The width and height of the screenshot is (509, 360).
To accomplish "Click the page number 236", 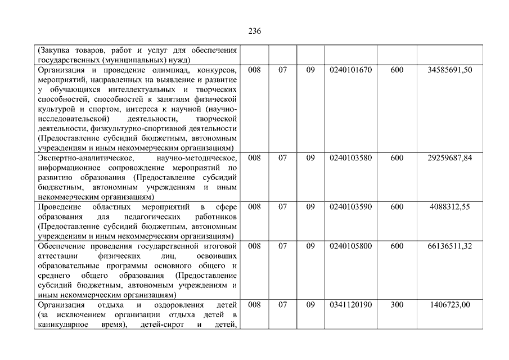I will coord(254,31).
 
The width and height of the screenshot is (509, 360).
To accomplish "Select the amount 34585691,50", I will coord(449,70).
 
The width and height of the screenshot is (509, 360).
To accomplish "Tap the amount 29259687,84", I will coord(449,157).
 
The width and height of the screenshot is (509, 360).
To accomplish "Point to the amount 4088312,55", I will coord(449,206).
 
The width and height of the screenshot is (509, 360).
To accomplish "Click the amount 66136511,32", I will coord(449,246).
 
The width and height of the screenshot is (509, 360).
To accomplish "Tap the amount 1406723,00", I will coord(449,304).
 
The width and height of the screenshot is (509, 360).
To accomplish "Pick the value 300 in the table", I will coord(397,304).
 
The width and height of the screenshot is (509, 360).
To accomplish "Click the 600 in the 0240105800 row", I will coord(397,246).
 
